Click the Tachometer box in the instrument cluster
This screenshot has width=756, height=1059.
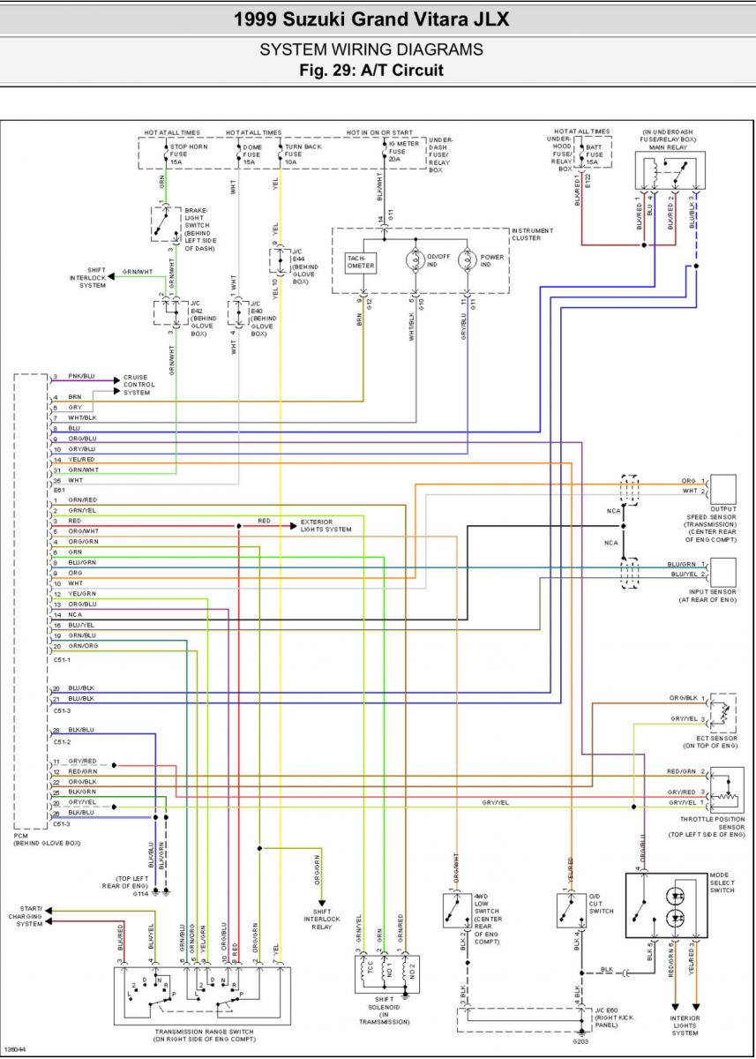tap(361, 261)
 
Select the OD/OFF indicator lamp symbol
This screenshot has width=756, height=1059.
tap(415, 261)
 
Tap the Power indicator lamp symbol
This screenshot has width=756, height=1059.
tap(468, 261)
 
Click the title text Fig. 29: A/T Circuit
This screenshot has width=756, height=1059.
tap(371, 70)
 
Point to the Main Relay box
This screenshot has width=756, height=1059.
tap(670, 171)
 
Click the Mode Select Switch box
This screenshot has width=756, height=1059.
tap(666, 905)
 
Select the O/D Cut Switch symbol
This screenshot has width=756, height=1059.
tap(568, 910)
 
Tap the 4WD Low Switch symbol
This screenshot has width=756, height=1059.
tap(455, 910)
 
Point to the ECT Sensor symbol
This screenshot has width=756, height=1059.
tap(723, 712)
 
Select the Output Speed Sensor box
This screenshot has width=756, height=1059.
tap(723, 488)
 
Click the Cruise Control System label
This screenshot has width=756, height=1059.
tap(139, 385)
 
